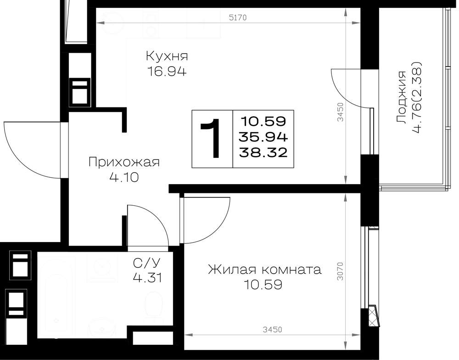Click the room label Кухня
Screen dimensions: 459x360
click(167, 56)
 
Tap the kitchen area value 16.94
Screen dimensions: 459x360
click(167, 72)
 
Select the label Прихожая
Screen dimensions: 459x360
click(124, 162)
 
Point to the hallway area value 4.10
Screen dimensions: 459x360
click(124, 177)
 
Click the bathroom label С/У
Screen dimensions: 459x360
click(147, 263)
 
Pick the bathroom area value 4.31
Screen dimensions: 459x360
click(147, 278)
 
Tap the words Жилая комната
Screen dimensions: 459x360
click(265, 270)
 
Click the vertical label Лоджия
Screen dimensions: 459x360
click(401, 97)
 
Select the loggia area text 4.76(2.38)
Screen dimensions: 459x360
click(416, 97)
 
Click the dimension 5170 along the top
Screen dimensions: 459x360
click(238, 17)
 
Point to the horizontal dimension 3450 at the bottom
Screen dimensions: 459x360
click(272, 330)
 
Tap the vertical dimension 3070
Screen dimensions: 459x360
click(340, 271)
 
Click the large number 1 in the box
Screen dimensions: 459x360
click(211, 138)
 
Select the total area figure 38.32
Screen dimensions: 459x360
click(263, 152)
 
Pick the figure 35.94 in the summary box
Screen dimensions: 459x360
click(263, 136)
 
